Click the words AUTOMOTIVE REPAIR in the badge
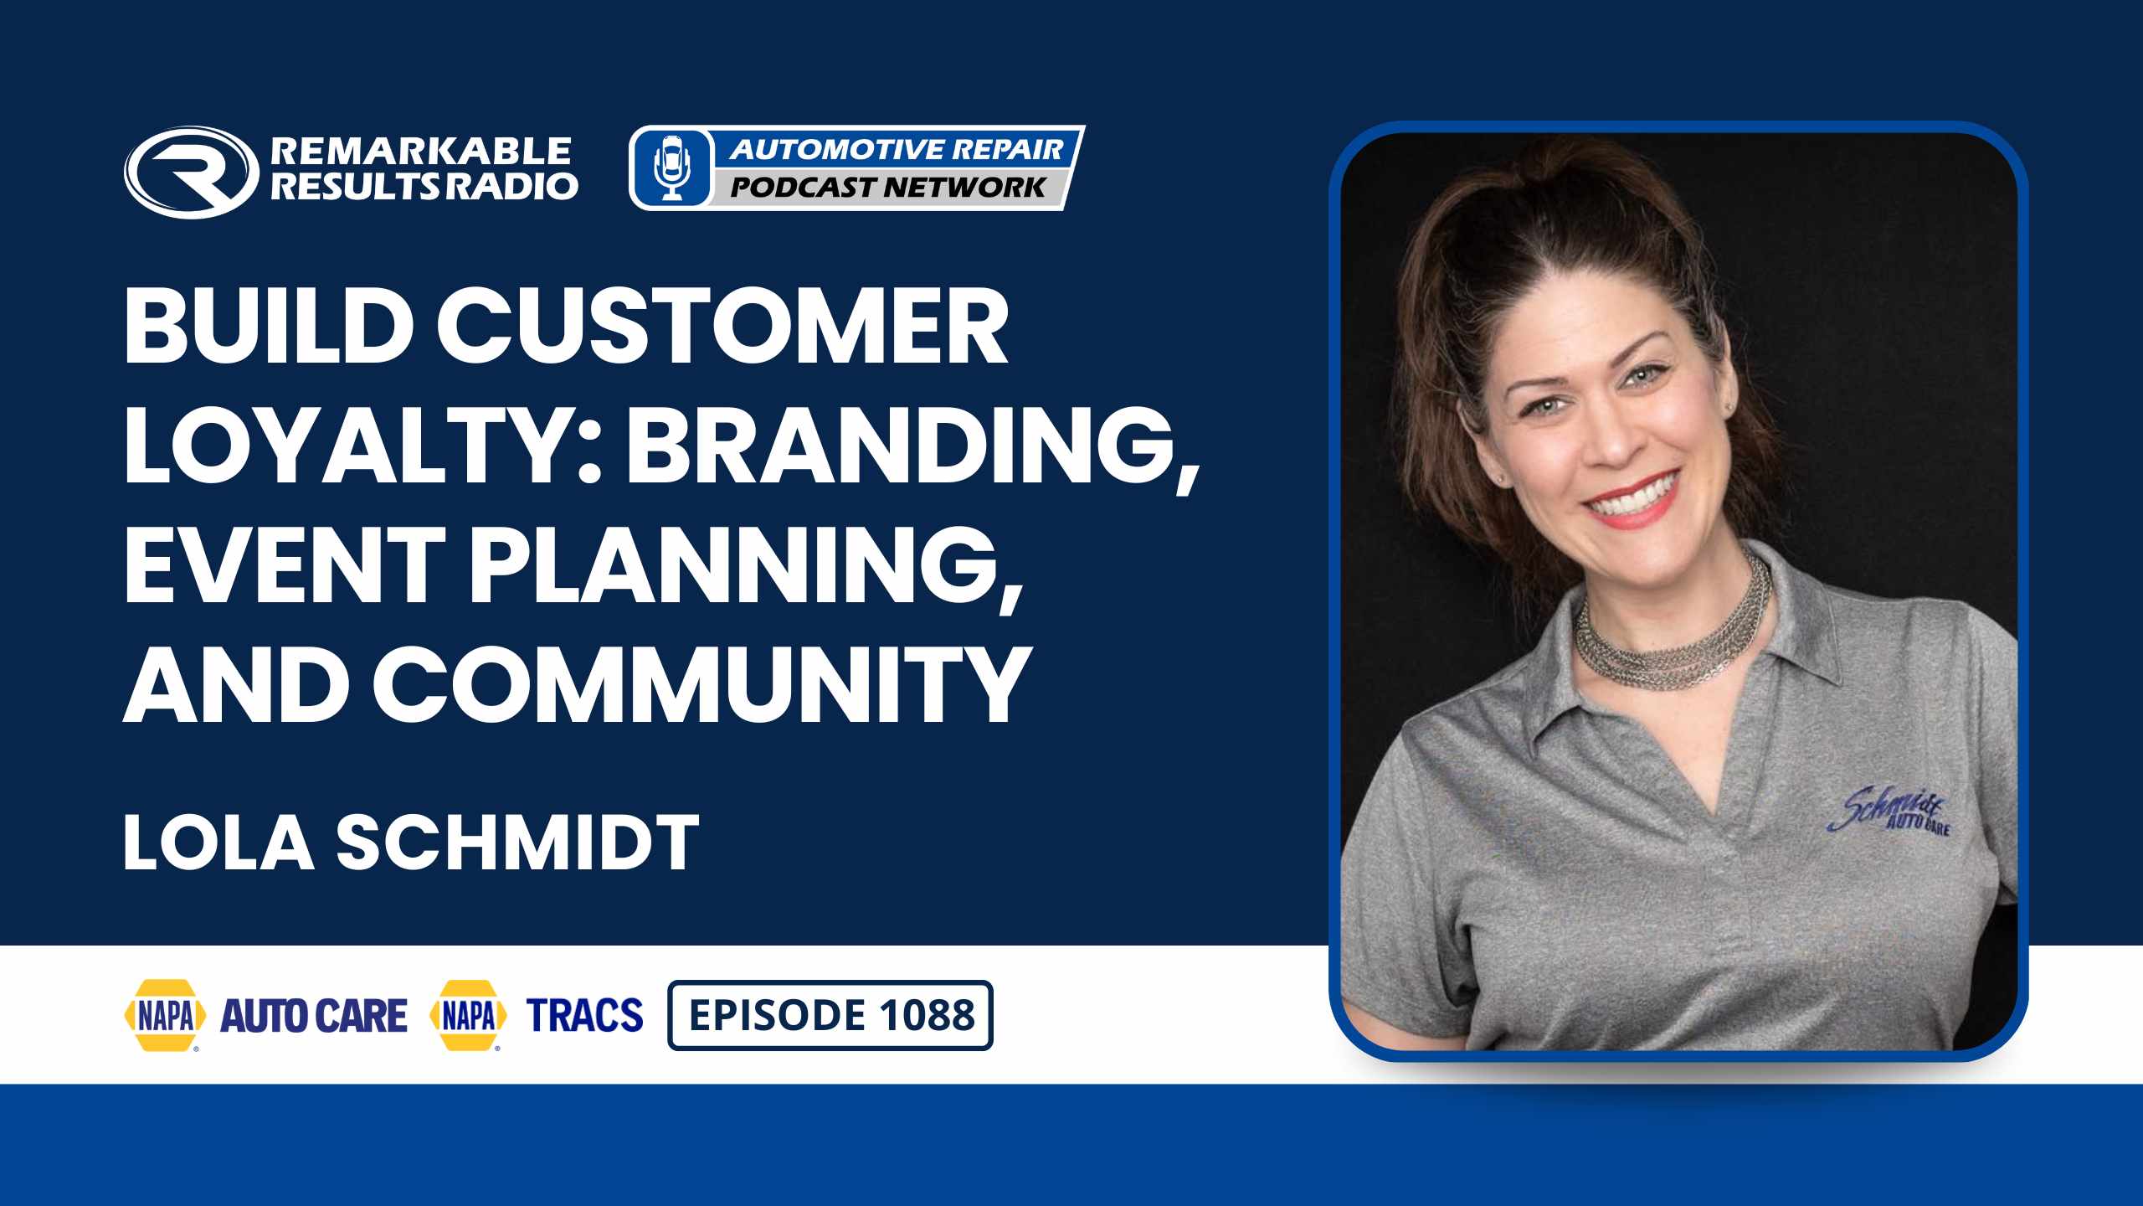tap(897, 149)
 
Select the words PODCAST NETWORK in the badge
tap(888, 187)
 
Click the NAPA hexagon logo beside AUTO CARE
tap(166, 1015)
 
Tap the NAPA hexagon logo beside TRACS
tap(468, 1015)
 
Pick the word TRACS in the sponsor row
tap(584, 1015)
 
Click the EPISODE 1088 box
tap(830, 1015)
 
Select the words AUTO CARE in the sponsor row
tap(313, 1015)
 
